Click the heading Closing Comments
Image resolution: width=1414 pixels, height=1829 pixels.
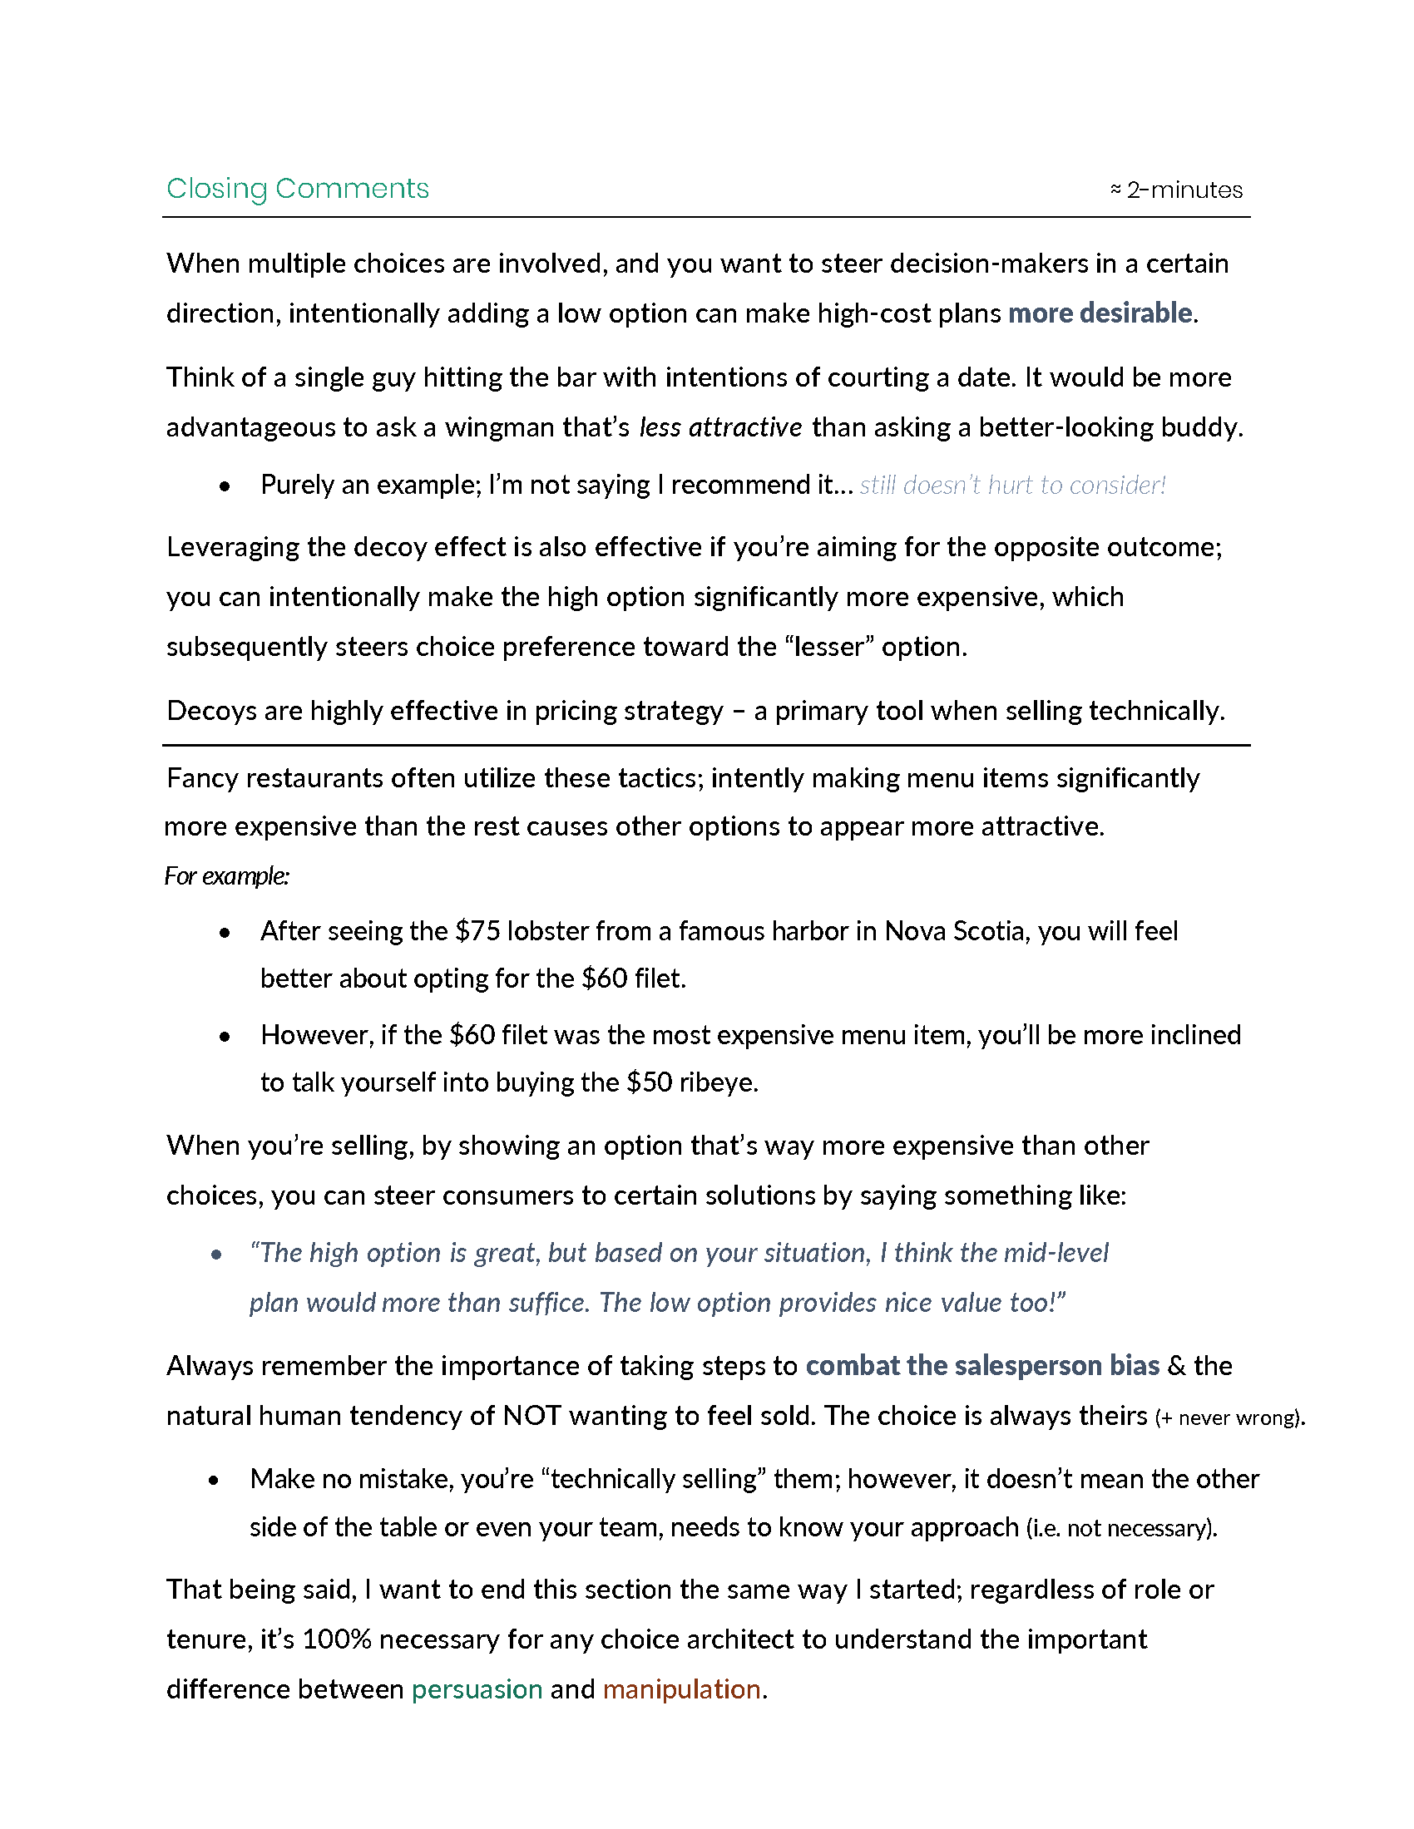tap(298, 189)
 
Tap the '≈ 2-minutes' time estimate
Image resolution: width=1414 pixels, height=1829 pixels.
tap(1176, 190)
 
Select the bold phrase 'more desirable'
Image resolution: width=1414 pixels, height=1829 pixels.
tap(1100, 313)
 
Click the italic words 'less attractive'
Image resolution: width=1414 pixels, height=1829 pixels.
tap(720, 428)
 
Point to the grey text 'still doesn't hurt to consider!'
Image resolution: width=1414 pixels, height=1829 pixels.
tap(1012, 485)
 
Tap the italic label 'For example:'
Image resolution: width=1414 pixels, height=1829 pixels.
tap(227, 876)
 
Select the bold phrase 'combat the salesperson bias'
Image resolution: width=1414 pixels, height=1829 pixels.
tap(981, 1366)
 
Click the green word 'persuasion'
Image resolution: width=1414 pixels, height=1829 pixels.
tap(477, 1689)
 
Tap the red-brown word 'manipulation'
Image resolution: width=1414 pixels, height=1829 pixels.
tap(681, 1689)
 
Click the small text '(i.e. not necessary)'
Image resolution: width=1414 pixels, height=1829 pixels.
tap(1120, 1528)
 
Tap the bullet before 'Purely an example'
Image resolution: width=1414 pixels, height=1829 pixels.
tap(225, 486)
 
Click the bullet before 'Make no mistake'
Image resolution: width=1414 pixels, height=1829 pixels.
tap(215, 1481)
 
